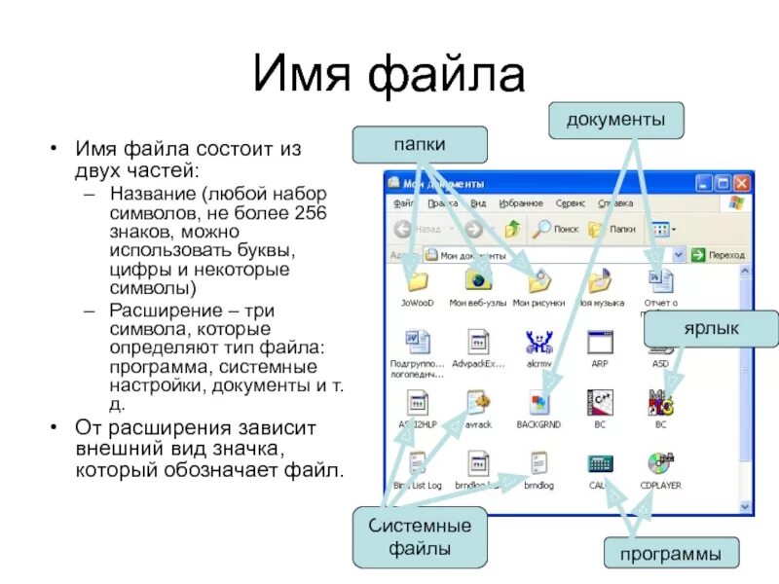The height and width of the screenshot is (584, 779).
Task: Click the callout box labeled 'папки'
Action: [420, 144]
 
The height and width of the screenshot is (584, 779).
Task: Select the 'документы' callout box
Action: [617, 120]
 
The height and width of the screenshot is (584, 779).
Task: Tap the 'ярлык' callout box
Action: [711, 329]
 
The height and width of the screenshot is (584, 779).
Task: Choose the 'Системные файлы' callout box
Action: [420, 537]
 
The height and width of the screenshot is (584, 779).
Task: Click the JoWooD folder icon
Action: [417, 282]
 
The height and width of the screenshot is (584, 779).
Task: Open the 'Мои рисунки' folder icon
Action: [538, 281]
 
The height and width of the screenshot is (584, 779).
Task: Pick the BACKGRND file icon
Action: [539, 403]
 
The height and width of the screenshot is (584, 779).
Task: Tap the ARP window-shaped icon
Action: [600, 343]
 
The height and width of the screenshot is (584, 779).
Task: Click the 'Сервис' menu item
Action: [571, 203]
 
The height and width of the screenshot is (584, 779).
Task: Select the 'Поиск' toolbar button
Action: [556, 229]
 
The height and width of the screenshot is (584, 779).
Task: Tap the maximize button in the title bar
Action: [723, 182]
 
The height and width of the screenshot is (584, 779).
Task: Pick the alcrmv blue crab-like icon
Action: [538, 343]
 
